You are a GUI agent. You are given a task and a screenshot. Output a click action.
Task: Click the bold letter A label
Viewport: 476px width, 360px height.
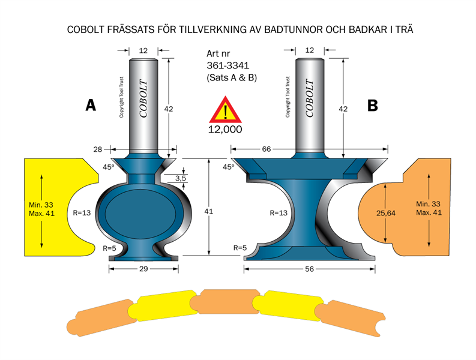tap(91, 106)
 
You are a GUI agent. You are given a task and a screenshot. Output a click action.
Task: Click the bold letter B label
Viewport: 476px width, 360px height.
tap(373, 106)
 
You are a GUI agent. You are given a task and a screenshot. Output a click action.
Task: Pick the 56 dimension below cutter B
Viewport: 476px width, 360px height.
tap(310, 270)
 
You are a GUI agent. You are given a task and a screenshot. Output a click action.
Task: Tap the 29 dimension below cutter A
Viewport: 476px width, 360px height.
tap(143, 270)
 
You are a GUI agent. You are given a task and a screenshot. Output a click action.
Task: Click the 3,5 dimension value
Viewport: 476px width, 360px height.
tap(181, 178)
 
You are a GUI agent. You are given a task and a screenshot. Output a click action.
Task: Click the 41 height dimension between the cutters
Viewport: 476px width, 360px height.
tap(208, 211)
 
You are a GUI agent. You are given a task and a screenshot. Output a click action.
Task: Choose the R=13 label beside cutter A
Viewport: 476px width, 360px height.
tap(80, 212)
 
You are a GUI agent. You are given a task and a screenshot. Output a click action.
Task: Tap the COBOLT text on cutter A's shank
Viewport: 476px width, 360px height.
tap(143, 98)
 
